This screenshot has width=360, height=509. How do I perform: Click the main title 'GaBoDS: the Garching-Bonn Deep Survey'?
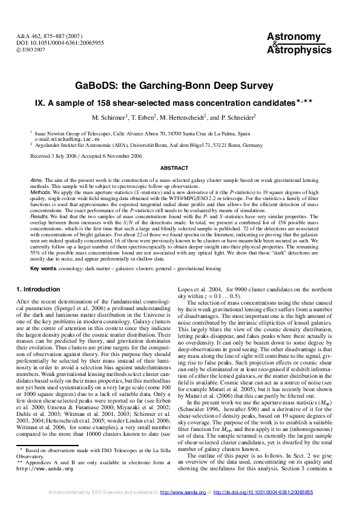click(180, 86)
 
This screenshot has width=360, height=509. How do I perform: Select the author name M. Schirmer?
click(111, 117)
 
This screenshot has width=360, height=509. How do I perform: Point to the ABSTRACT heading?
click(180, 167)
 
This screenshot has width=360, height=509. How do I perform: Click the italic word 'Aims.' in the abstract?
click(38, 180)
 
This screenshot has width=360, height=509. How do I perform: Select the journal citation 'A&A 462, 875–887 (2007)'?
click(47, 37)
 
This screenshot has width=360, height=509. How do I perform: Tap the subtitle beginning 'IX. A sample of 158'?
click(180, 103)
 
